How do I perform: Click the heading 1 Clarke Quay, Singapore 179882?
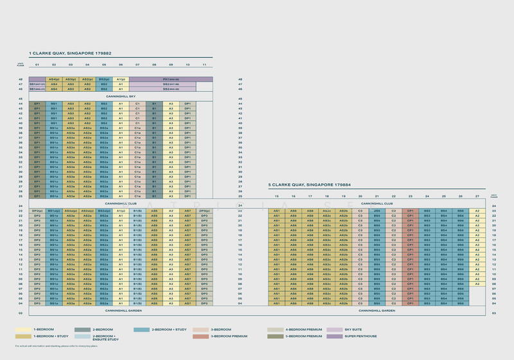(x=69, y=53)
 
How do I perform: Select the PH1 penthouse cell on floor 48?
(x=171, y=79)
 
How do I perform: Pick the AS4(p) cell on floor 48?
(x=54, y=79)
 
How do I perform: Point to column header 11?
(x=204, y=65)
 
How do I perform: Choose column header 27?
(x=477, y=196)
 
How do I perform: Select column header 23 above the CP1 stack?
(x=410, y=196)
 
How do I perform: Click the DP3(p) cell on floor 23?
(x=204, y=211)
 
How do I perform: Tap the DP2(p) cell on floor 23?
(x=37, y=211)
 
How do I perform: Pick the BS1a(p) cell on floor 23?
(x=54, y=211)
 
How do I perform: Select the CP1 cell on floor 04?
(x=410, y=303)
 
